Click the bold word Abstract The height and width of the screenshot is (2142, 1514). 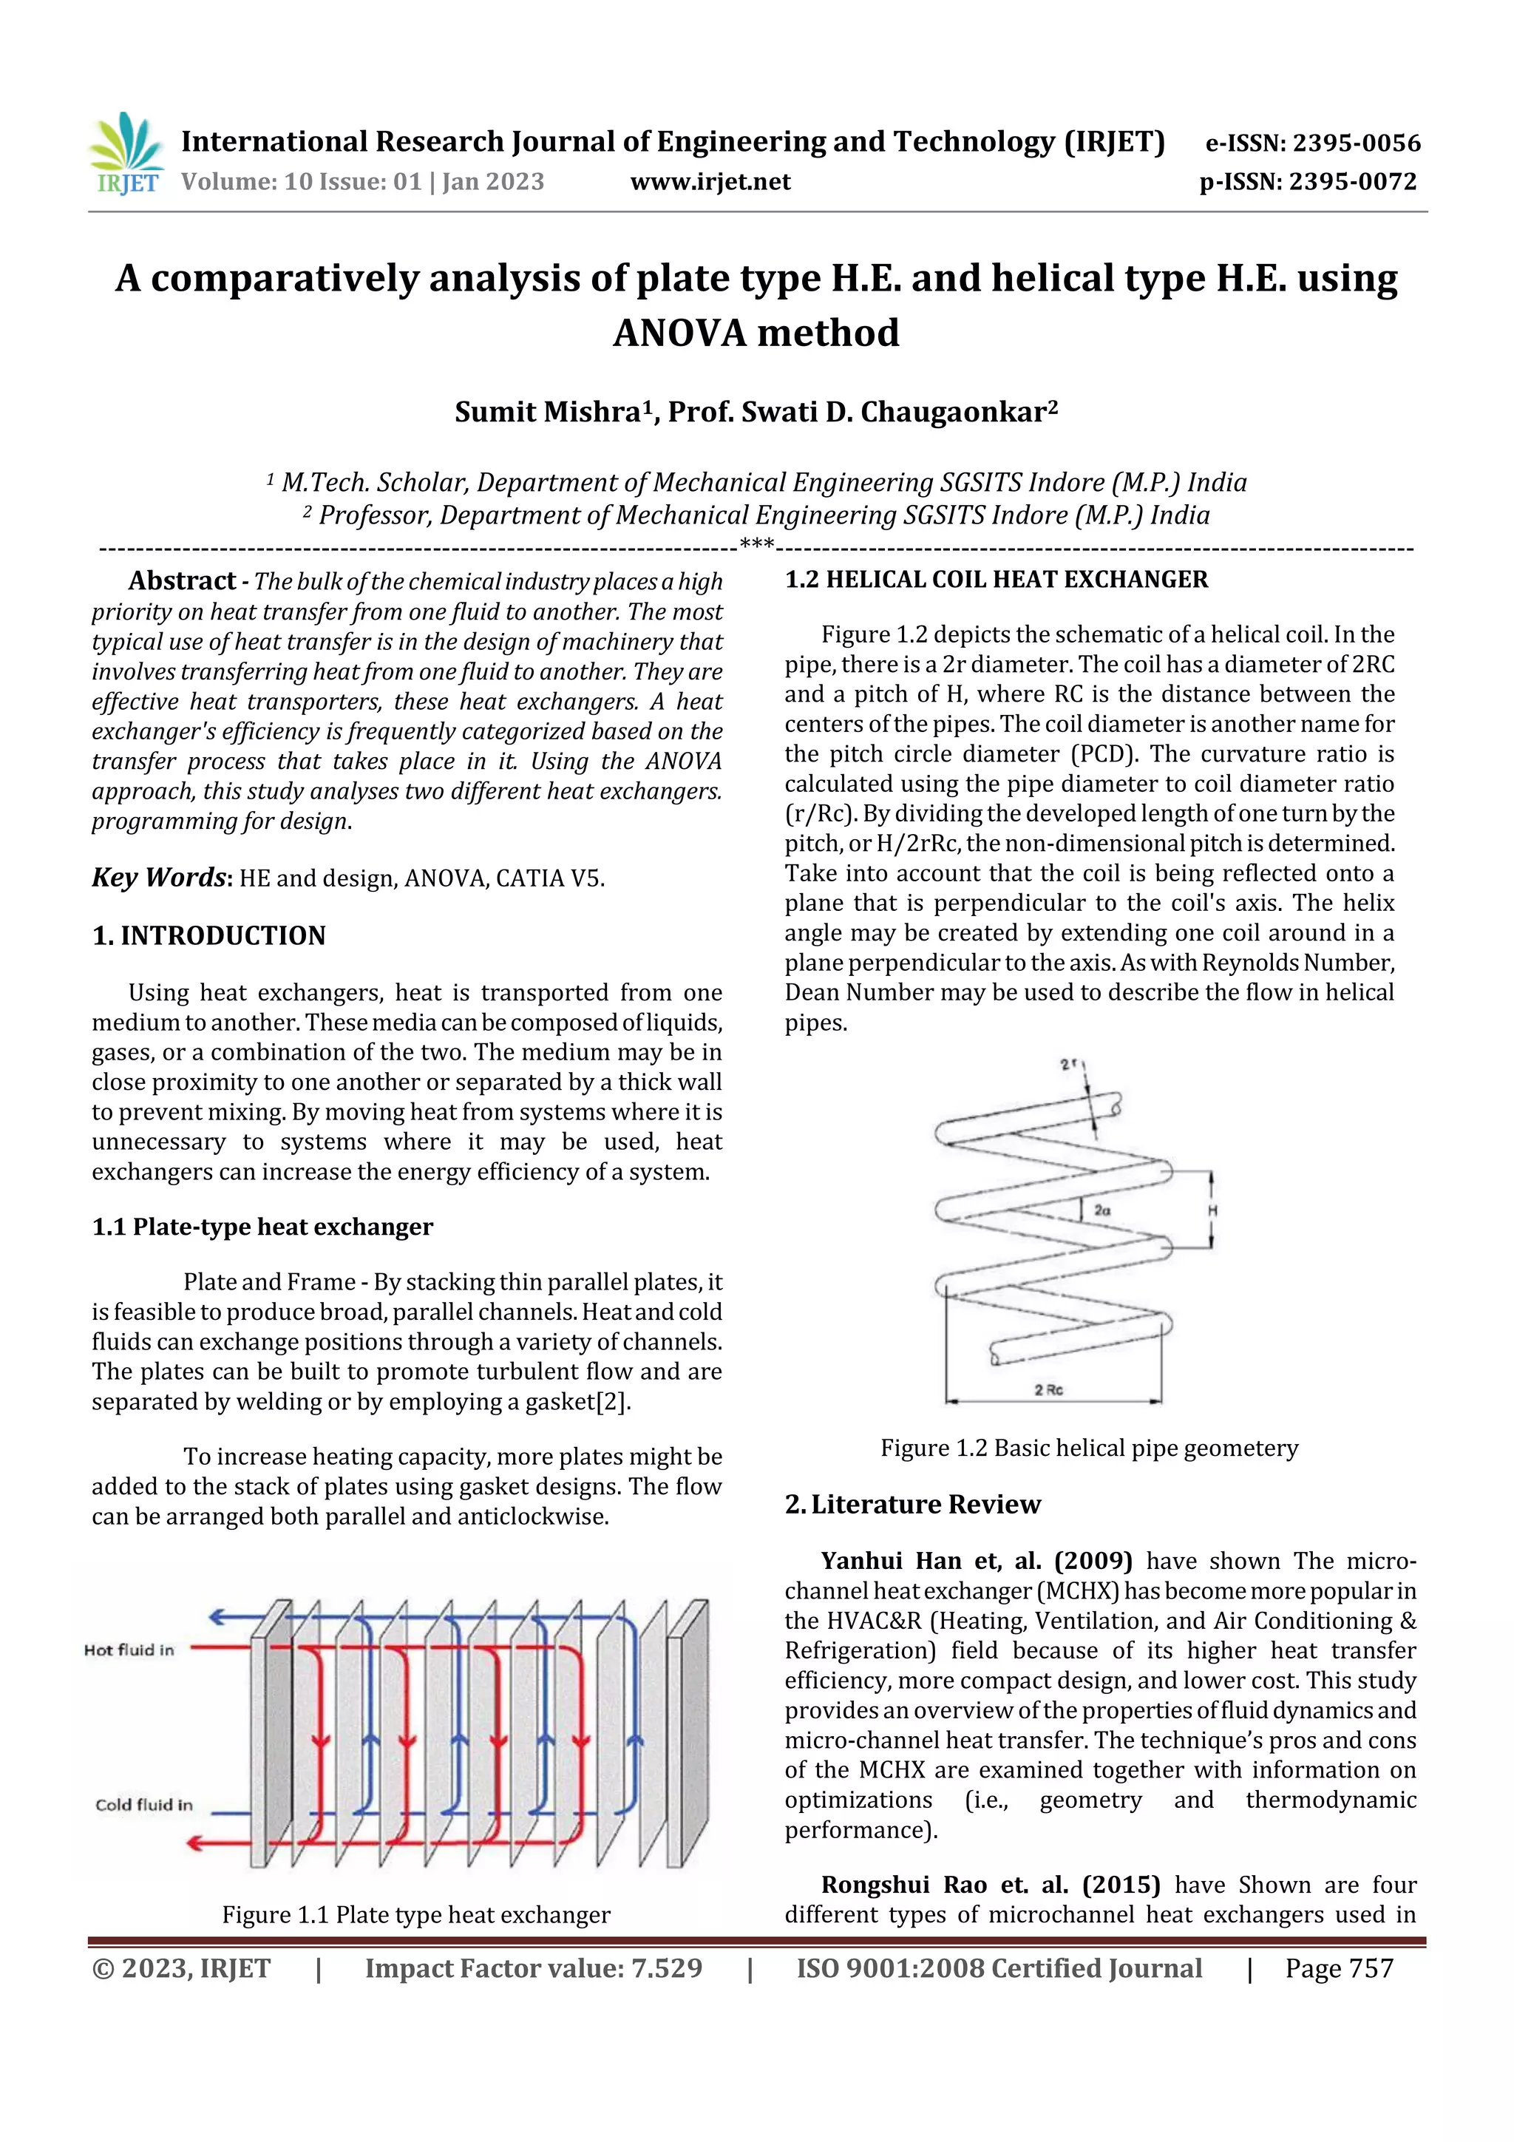pyautogui.click(x=182, y=581)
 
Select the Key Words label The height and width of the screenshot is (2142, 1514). pyautogui.click(x=160, y=878)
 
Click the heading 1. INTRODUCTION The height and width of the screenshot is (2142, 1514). pyautogui.click(x=209, y=936)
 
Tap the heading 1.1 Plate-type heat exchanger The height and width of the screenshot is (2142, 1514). pyautogui.click(x=262, y=1227)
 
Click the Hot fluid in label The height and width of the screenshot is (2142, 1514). pyautogui.click(x=129, y=1650)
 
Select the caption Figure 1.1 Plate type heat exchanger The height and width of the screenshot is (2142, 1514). pyautogui.click(x=416, y=1915)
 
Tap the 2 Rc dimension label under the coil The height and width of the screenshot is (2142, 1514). pyautogui.click(x=1048, y=1390)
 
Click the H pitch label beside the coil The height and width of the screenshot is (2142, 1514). pyautogui.click(x=1212, y=1211)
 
